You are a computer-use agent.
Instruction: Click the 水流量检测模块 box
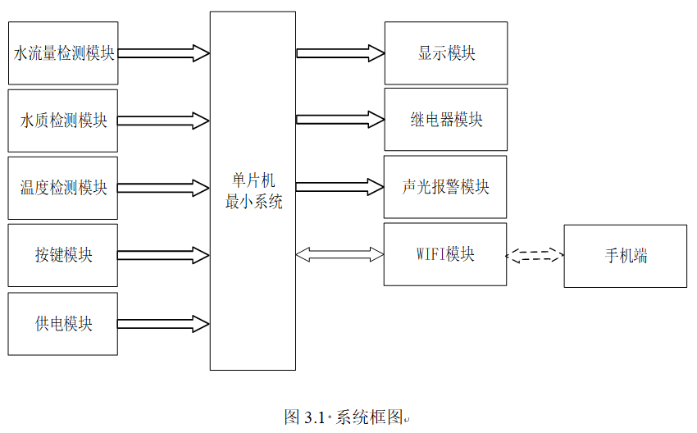63,53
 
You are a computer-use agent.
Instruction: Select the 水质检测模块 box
63,121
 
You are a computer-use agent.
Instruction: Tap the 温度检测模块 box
63,188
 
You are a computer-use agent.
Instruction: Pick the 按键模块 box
63,255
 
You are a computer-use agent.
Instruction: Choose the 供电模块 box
63,324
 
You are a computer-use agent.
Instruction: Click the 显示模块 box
446,53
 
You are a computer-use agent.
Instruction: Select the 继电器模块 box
446,120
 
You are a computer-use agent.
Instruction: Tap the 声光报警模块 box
446,187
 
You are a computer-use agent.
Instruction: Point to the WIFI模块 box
445,254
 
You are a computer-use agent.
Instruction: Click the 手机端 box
625,256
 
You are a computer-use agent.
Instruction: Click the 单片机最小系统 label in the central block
253,191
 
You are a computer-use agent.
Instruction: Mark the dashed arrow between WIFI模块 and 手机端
535,255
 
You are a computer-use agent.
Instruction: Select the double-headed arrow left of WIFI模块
339,255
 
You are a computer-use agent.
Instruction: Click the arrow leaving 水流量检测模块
164,53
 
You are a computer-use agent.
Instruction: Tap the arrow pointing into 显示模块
340,53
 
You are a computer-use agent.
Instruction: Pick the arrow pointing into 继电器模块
340,120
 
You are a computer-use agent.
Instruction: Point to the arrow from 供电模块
164,324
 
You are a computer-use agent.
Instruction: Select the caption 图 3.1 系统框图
344,417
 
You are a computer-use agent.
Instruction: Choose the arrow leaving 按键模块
164,255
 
